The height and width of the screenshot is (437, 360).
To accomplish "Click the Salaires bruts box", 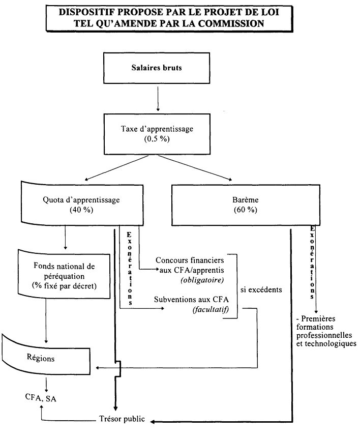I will [158, 68].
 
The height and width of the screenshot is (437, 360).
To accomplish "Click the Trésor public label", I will [122, 419].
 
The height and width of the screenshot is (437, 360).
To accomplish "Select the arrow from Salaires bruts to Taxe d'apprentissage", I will [158, 98].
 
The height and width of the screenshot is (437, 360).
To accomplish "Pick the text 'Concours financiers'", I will [190, 259].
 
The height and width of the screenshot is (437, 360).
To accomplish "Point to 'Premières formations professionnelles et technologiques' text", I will [325, 331].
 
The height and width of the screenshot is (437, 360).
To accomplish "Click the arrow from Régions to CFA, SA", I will [47, 383].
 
